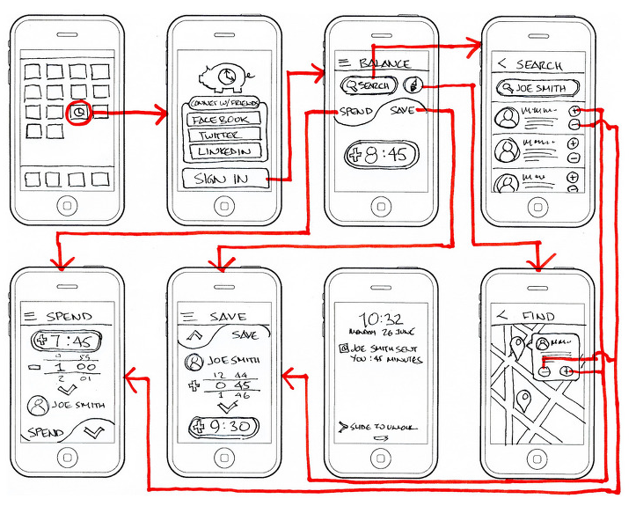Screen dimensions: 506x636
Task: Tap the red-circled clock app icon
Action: tap(79, 113)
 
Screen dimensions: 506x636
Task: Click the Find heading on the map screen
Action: tap(537, 316)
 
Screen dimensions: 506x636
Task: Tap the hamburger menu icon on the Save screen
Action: tap(186, 316)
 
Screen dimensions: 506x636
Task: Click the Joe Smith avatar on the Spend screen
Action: tap(38, 406)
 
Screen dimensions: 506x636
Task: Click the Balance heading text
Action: tap(384, 63)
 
